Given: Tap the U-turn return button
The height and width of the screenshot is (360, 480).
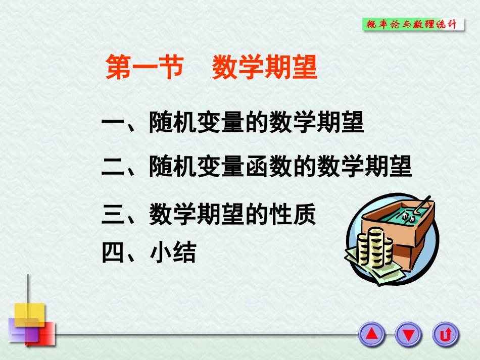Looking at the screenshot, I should (445, 334).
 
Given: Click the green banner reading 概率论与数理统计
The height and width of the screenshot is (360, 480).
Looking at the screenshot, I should (413, 24).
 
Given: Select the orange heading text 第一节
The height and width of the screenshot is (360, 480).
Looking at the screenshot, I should (143, 68).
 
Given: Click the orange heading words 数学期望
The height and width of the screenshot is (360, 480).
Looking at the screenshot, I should (264, 68).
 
